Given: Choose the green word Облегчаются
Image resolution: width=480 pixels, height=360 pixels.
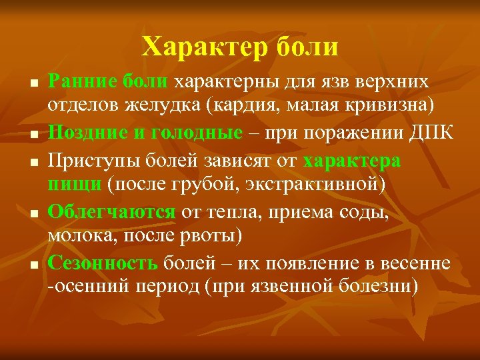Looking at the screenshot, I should click(x=111, y=213).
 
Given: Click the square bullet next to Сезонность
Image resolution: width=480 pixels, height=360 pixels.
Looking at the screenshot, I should click(x=33, y=264).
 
